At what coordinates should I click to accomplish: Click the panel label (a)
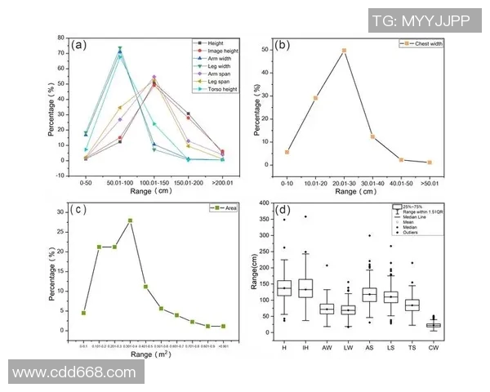pos(80,45)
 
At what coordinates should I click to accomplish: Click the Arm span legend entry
pos(212,72)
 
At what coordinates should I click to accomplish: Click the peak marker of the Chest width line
pos(344,51)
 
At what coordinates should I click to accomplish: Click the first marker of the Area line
pos(83,313)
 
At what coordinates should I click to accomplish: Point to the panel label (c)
pos(80,209)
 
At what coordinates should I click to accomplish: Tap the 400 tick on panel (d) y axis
pos(265,203)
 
